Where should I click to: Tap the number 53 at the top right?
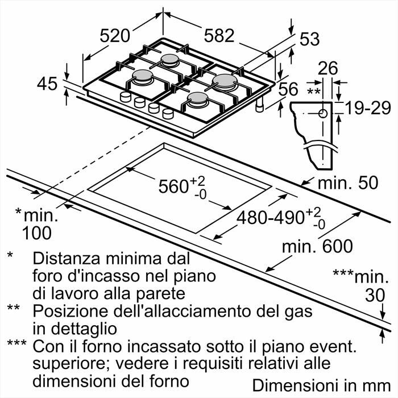point(309,39)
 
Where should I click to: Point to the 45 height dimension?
point(47,84)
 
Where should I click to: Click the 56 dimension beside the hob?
point(289,89)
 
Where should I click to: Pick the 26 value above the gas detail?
point(327,69)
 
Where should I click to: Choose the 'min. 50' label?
point(347,184)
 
